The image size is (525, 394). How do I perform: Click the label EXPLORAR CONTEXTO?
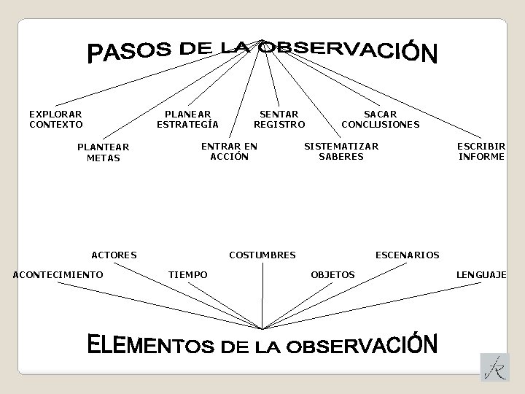tap(55, 119)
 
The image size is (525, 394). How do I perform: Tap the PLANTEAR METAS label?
tap(103, 152)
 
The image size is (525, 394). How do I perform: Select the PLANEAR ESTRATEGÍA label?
tap(187, 119)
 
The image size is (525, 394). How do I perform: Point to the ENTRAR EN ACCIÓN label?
tap(229, 151)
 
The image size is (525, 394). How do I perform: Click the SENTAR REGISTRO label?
tap(279, 119)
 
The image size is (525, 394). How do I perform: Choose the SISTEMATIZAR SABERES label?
tap(341, 151)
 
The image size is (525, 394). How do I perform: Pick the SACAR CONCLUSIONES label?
tap(380, 119)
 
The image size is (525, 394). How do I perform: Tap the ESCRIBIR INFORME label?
tap(481, 151)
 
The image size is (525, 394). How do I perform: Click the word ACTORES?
tap(114, 255)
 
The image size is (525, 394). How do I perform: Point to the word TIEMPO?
tap(188, 274)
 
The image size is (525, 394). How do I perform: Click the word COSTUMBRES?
tap(262, 255)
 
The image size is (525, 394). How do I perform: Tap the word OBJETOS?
tap(333, 274)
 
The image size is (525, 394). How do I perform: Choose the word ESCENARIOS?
tap(407, 255)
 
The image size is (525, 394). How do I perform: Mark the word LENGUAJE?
tap(481, 274)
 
